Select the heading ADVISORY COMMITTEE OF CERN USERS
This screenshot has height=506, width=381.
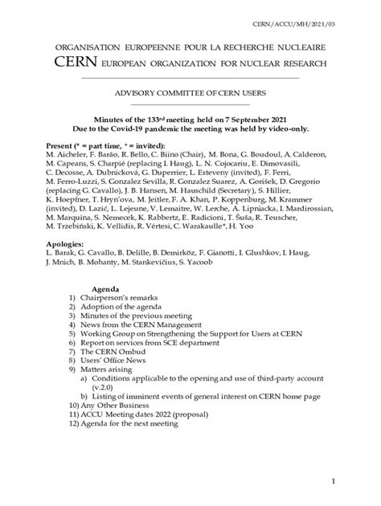[190, 94]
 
